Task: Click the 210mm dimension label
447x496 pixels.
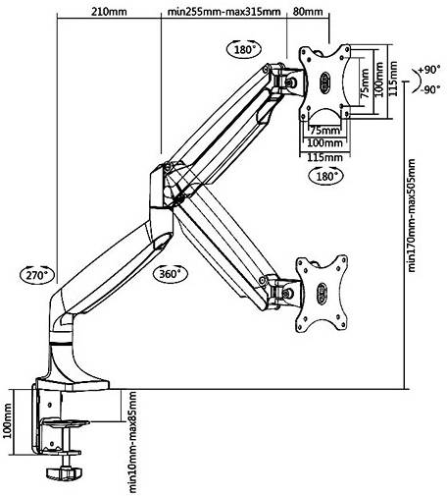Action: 109,12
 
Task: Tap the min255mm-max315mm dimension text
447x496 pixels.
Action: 223,12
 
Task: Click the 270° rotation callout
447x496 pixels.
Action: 37,275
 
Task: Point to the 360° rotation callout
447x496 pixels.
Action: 171,273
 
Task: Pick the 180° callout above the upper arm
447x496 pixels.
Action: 244,49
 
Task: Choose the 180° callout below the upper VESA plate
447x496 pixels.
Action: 326,176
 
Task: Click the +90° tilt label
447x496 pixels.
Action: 429,70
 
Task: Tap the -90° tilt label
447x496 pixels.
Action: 430,89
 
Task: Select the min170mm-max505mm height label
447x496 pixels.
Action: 412,215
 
